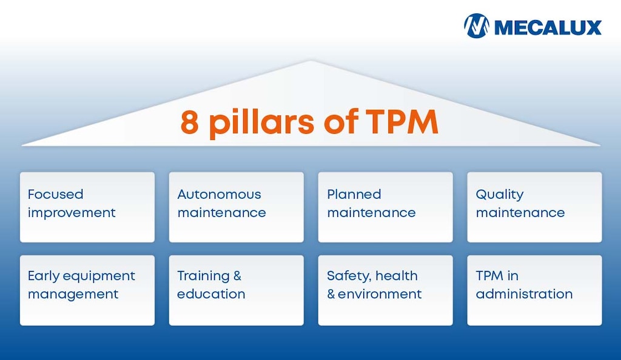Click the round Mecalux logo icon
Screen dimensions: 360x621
(x=477, y=26)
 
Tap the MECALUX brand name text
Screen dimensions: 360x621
(x=548, y=27)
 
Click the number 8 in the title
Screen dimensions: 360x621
(x=190, y=122)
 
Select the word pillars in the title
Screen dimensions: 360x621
(x=261, y=123)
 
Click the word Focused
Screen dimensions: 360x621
(x=55, y=195)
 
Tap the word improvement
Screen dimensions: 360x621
(x=72, y=213)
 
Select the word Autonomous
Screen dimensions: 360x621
(x=219, y=195)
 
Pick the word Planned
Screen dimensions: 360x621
(x=354, y=195)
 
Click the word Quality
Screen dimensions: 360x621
(x=499, y=195)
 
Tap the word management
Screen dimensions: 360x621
(x=73, y=295)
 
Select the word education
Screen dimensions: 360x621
(x=211, y=294)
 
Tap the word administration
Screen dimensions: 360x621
(x=524, y=294)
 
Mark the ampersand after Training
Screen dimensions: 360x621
(x=237, y=276)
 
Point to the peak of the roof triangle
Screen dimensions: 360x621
(x=311, y=61)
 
